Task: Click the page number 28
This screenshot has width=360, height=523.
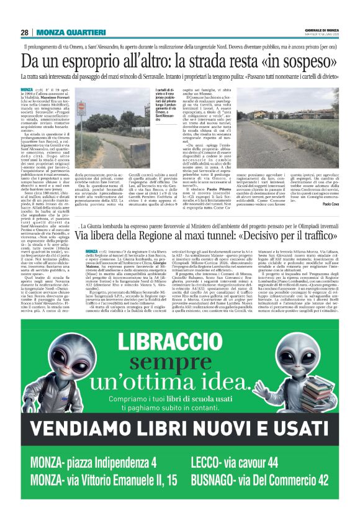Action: click(x=25, y=32)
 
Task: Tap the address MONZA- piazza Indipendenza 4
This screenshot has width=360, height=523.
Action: click(x=93, y=463)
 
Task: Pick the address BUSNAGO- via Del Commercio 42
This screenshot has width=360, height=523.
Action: click(x=269, y=480)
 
